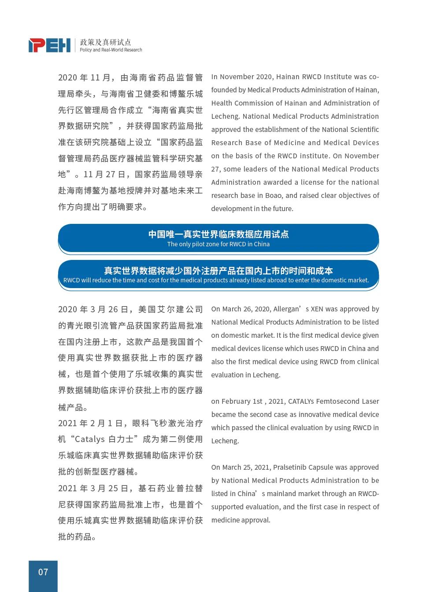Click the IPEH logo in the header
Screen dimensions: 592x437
click(x=49, y=45)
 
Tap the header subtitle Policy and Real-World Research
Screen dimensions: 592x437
click(x=111, y=50)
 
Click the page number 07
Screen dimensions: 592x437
click(x=43, y=572)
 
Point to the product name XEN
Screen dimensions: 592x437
click(x=317, y=309)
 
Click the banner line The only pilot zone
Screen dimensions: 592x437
click(x=218, y=244)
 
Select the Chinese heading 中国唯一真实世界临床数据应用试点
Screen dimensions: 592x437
click(x=218, y=234)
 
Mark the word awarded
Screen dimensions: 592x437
click(x=278, y=182)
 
